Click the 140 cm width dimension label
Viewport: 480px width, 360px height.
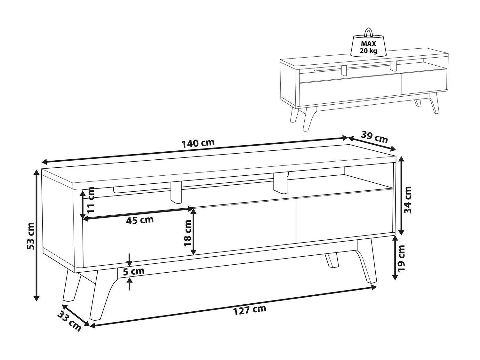coord(198,143)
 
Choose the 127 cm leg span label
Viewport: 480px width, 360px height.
coord(250,310)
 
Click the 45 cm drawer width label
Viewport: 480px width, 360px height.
coord(140,220)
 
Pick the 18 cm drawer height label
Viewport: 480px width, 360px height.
coord(188,233)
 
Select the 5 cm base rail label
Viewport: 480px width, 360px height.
coord(134,271)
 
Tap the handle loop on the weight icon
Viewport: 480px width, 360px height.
coord(368,32)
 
